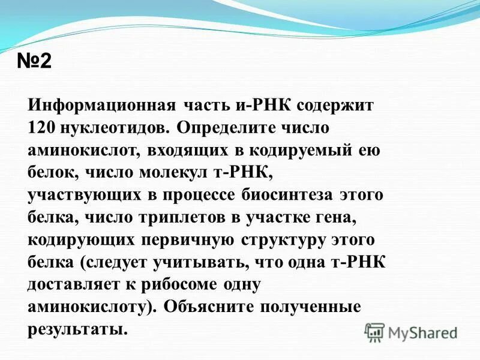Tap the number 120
coord(43,128)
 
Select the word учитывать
coord(189,263)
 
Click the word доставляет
coord(74,284)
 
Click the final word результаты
coord(78,329)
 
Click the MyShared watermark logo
coord(411,331)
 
